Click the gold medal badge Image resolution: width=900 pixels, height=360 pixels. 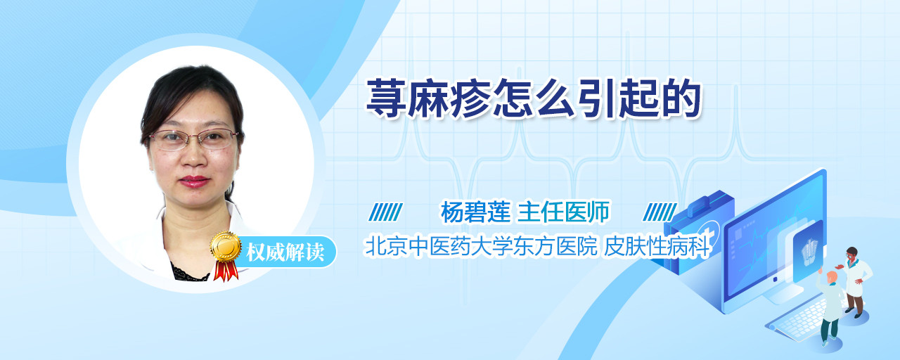click(226, 246)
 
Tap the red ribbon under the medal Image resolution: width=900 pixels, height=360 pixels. click(226, 271)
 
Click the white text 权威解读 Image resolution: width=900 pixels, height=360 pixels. click(285, 252)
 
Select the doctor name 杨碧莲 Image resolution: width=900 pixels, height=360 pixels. click(475, 212)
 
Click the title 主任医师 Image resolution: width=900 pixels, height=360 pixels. click(563, 212)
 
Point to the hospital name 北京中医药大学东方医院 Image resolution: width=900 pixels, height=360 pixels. click(481, 246)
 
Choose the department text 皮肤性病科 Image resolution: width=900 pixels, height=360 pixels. click(657, 246)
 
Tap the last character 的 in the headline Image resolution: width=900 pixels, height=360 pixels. click(681, 98)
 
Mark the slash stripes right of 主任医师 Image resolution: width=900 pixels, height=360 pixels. click(660, 212)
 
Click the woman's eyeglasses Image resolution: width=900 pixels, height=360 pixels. click(193, 139)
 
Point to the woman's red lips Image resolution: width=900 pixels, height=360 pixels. click(194, 181)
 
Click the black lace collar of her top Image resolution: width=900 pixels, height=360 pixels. click(190, 274)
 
